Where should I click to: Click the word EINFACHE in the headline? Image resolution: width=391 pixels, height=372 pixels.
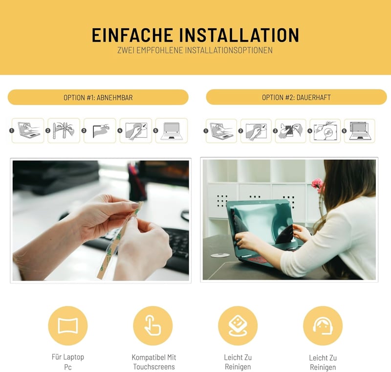[132, 35]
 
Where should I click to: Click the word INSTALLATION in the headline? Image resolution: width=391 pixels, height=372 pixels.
[239, 35]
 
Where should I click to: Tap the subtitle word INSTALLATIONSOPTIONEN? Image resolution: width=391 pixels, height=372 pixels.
[229, 50]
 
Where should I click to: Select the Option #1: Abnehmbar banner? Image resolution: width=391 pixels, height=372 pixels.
[98, 97]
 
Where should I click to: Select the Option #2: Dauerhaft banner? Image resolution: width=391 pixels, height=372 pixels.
[296, 97]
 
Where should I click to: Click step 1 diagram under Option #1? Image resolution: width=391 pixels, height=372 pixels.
[28, 131]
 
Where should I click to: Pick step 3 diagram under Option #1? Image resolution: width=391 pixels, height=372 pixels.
[100, 131]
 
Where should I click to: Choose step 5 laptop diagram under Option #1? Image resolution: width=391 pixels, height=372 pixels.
[172, 131]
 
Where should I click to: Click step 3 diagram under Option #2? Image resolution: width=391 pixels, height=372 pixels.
[290, 131]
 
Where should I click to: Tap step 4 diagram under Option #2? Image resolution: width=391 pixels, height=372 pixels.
[325, 131]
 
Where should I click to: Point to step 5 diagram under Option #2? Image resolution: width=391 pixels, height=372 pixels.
[360, 131]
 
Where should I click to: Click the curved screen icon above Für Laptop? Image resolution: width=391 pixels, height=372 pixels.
[68, 326]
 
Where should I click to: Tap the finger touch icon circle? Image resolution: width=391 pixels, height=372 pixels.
[153, 326]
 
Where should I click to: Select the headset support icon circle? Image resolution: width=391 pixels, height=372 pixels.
[323, 326]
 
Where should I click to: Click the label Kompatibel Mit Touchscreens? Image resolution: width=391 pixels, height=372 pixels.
[154, 362]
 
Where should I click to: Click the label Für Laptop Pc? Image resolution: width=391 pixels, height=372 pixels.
[68, 362]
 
